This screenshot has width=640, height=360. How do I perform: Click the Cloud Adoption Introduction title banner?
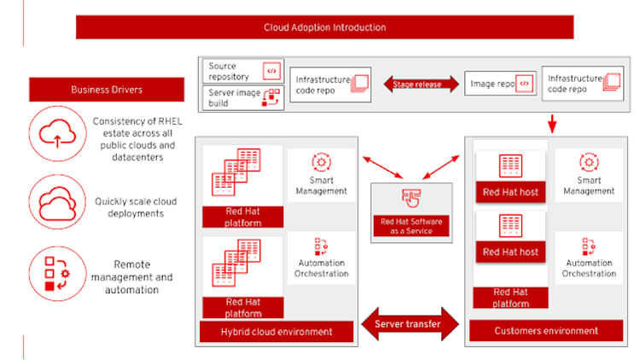click(324, 27)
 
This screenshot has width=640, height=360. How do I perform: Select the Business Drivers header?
click(107, 90)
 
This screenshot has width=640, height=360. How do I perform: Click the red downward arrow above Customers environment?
click(552, 125)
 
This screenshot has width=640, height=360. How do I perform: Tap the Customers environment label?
click(546, 331)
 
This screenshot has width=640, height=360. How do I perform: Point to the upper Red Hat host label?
click(510, 192)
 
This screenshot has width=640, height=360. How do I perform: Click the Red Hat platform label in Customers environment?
click(510, 298)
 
